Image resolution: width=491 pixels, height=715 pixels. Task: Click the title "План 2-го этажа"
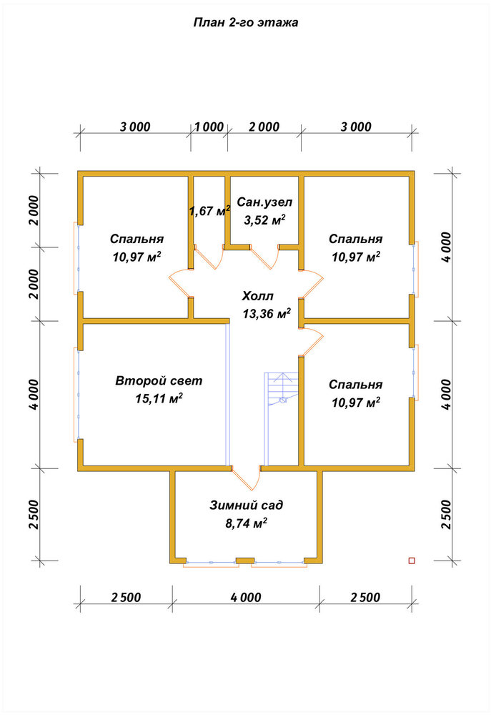(x=246, y=22)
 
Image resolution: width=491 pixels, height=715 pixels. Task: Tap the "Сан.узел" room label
(x=264, y=202)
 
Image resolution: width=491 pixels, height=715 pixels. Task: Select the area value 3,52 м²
(x=265, y=220)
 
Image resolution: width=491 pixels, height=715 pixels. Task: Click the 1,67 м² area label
(x=209, y=210)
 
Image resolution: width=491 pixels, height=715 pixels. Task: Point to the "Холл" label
(x=257, y=297)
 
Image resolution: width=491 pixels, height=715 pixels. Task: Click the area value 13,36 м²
(x=267, y=314)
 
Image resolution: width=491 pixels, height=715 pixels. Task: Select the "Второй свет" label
(x=159, y=381)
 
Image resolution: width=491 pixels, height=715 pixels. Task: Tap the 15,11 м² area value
(x=159, y=398)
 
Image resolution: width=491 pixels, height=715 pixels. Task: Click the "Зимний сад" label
(x=246, y=506)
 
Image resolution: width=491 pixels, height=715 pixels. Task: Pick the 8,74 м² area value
(x=246, y=523)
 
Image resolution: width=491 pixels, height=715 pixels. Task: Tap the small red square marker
(x=412, y=561)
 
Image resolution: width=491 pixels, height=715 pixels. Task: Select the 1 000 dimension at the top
(x=209, y=127)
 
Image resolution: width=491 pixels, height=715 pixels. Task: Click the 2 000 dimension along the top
(x=264, y=127)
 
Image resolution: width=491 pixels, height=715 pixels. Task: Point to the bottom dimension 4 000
(x=246, y=597)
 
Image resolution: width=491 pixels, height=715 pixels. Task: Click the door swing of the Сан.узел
(x=265, y=258)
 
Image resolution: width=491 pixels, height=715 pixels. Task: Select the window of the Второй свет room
(x=76, y=395)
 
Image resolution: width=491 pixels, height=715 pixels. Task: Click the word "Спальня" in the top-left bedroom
(x=137, y=239)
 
